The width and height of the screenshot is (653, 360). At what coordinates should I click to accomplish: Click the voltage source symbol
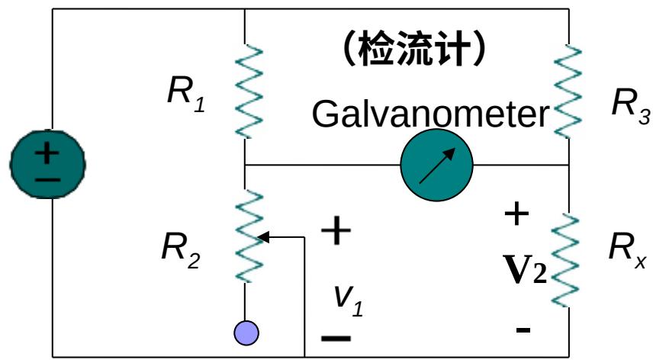click(x=47, y=163)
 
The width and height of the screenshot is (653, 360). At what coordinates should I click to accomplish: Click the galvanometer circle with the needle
click(x=436, y=164)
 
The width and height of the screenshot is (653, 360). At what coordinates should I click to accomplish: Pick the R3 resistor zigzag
click(x=569, y=92)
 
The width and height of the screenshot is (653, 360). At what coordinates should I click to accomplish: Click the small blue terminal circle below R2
click(x=246, y=333)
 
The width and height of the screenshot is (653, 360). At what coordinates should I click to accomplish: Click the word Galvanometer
click(x=430, y=115)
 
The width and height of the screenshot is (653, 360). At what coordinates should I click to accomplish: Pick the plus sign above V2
click(x=516, y=214)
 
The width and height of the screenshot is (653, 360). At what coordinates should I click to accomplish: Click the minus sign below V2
click(x=523, y=329)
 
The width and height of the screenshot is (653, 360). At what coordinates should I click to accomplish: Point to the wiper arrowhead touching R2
click(x=262, y=237)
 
